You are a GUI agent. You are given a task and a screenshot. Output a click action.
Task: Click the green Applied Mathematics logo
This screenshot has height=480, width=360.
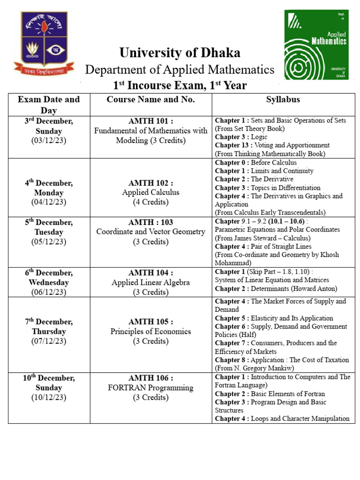pyautogui.click(x=317, y=46)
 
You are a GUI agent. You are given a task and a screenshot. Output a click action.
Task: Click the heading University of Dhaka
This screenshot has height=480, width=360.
pyautogui.click(x=180, y=52)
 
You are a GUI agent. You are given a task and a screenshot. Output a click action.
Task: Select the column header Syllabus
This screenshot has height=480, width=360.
pyautogui.click(x=283, y=99)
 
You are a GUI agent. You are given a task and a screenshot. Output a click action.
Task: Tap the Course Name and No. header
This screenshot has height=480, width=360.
pyautogui.click(x=150, y=99)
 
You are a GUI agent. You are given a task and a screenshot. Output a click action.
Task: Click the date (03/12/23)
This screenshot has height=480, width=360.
pyautogui.click(x=49, y=141)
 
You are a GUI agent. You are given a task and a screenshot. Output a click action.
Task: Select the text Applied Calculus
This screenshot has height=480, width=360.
pyautogui.click(x=150, y=192)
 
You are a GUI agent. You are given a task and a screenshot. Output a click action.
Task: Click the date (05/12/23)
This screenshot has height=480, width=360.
pyautogui.click(x=49, y=242)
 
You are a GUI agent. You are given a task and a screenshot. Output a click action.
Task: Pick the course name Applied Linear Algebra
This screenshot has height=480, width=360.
pyautogui.click(x=150, y=282)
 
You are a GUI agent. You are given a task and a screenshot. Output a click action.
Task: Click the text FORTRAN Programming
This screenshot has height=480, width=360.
pyautogui.click(x=150, y=388)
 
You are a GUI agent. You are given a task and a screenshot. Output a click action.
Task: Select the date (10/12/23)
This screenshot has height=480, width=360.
pyautogui.click(x=49, y=397)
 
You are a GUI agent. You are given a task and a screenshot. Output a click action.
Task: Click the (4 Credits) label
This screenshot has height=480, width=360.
pyautogui.click(x=150, y=202)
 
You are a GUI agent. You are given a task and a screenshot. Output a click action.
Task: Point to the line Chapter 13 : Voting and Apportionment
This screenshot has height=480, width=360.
pyautogui.click(x=272, y=145)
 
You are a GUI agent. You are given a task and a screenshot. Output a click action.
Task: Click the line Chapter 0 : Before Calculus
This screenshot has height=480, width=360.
pyautogui.click(x=255, y=163)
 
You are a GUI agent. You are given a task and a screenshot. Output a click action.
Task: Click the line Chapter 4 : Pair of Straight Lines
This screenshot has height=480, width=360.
pyautogui.click(x=263, y=247)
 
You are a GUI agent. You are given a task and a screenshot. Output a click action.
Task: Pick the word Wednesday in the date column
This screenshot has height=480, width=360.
pyautogui.click(x=49, y=282)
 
